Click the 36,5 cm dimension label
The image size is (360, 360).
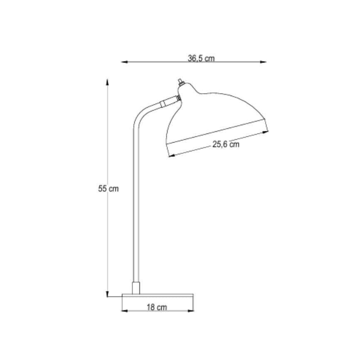point(201,58)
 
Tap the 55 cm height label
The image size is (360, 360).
point(108,188)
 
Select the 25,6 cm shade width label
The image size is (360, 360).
point(226,144)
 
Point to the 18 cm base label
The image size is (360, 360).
point(157,307)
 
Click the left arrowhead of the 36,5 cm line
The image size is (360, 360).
point(124,62)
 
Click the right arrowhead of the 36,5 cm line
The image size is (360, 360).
point(263,62)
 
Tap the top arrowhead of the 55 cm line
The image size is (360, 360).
point(107,82)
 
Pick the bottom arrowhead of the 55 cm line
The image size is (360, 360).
point(107,294)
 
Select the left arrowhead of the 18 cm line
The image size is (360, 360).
point(124,311)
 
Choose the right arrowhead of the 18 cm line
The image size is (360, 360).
point(191,311)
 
